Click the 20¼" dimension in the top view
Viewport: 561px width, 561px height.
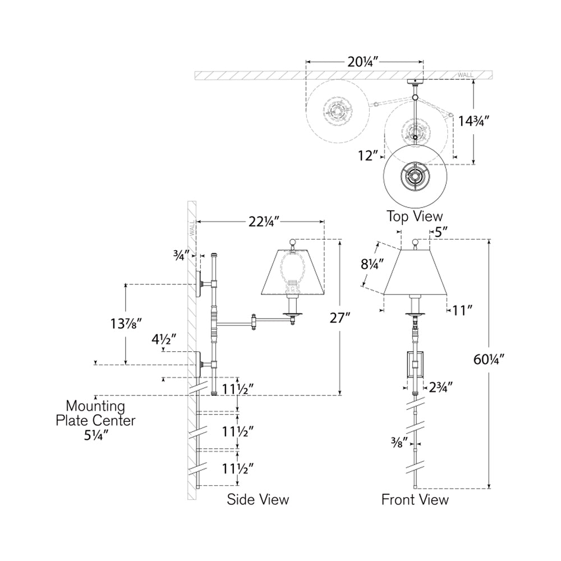coord(364,63)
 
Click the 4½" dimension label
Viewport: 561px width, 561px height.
coord(164,339)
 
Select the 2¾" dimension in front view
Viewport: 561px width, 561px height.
coord(440,386)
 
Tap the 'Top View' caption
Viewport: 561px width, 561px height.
coord(415,216)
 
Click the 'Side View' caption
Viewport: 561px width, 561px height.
coord(258,499)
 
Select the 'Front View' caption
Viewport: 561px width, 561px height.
coord(415,499)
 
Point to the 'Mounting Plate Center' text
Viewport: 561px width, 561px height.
coord(95,413)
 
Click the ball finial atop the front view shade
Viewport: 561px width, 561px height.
coord(415,242)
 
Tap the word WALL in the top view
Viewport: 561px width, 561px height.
coord(465,75)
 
